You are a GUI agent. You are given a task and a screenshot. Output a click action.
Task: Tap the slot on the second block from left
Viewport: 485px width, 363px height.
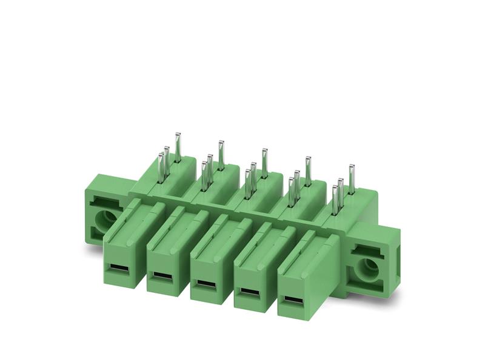pos(159,276)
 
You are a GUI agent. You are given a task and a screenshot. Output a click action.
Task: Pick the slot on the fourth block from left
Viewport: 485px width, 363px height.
pos(247,292)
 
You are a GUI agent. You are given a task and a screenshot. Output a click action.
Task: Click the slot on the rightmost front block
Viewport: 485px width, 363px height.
pos(292,301)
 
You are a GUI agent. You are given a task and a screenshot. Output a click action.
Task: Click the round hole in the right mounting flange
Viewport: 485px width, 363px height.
pos(367,268)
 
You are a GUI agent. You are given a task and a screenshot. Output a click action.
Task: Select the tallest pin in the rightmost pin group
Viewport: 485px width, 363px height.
pos(350,179)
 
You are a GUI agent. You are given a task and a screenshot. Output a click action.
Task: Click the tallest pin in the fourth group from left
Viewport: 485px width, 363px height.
pos(307,171)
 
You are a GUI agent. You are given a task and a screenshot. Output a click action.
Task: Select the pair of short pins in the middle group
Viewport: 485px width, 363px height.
pos(250,178)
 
